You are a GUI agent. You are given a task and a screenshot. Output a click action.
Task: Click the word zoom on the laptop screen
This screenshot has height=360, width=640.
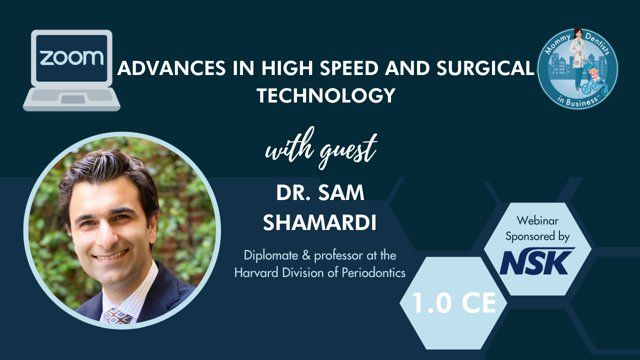coord(71,57)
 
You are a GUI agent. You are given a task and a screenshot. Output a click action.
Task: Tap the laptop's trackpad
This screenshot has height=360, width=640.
coord(73,99)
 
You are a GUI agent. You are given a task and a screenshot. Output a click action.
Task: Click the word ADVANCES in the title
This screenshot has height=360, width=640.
coord(171,68)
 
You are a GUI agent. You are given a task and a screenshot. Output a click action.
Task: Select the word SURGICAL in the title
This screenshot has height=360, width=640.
coord(485,68)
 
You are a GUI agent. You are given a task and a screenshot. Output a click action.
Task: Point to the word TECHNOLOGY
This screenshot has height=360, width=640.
coord(326,95)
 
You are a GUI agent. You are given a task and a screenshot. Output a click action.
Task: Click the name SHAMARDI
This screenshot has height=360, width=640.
coord(319,223)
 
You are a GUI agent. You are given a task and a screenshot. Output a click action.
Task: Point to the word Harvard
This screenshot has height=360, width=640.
coord(256,272)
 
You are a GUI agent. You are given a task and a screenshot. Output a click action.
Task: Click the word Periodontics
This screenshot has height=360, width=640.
coord(373,272)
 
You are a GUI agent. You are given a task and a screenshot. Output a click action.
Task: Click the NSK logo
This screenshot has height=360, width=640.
coord(537,261)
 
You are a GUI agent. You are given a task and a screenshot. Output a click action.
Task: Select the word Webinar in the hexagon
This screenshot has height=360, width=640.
coord(537,220)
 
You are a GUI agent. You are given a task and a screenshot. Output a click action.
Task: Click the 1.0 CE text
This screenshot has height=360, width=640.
coord(453,303)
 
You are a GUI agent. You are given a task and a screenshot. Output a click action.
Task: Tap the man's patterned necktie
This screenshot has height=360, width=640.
coord(118,316)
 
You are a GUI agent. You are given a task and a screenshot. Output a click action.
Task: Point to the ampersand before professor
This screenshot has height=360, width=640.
coord(306,255)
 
